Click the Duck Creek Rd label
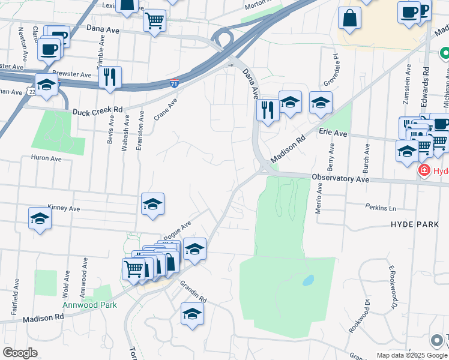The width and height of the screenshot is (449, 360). pos(97,111)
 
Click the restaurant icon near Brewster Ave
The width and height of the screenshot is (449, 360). pos(110,78)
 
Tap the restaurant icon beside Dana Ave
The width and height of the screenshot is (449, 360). pos(267,110)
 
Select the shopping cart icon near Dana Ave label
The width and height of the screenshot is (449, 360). pos(155,21)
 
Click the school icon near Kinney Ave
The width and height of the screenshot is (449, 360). pos(40,219)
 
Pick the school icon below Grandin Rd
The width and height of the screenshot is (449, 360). pos(191,314)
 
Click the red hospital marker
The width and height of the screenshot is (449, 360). pos(424,171)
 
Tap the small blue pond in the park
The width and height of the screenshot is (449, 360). pos(308,280)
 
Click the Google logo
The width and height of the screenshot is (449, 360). pos(20,353)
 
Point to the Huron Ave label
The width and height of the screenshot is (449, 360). pos(47,159)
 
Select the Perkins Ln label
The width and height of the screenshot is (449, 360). pos(381,207)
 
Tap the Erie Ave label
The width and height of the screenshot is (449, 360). pos(333,131)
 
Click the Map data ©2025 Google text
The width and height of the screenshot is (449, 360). pos(411,355)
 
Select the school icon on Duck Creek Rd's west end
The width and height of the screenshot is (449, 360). pos(46,85)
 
